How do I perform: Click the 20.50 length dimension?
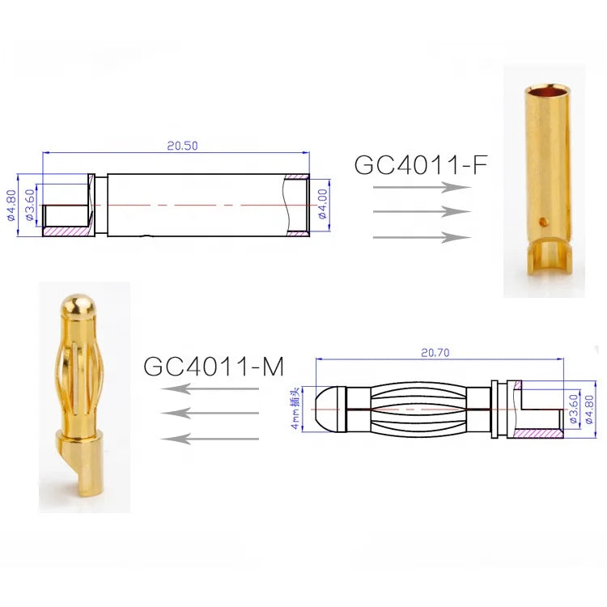tap(182, 146)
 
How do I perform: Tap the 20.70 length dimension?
tap(435, 353)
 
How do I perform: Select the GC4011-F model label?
tap(421, 165)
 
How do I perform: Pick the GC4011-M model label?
tap(214, 367)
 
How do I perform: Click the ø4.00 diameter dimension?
tap(322, 204)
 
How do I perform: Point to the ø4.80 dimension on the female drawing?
tap(11, 206)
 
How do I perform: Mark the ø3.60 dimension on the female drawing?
tap(30, 206)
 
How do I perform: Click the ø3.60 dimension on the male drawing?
tap(573, 409)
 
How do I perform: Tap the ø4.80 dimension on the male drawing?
tap(589, 410)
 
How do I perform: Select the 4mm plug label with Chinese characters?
tap(295, 413)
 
